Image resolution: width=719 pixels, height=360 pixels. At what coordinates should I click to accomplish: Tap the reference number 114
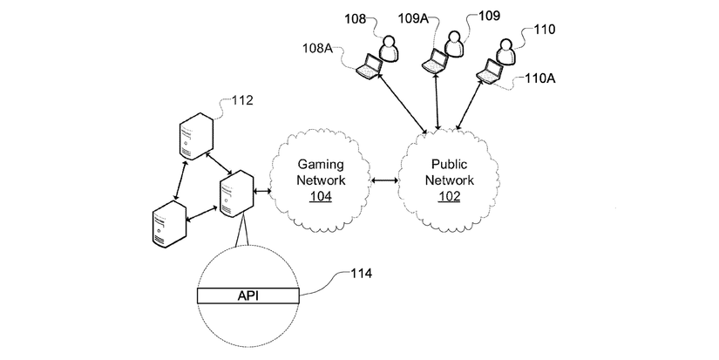361,274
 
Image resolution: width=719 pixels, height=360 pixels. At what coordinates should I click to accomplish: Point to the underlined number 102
451,196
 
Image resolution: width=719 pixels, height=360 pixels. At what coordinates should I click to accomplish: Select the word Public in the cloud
451,164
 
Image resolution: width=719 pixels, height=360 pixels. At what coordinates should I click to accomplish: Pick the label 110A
540,78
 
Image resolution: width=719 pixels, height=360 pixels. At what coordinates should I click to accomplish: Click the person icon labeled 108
390,51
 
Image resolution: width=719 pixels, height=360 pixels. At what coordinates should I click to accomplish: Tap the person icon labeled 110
503,51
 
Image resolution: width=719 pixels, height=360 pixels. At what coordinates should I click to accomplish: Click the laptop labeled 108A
372,66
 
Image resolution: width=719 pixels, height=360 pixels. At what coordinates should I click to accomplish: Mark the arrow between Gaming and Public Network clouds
384,182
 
